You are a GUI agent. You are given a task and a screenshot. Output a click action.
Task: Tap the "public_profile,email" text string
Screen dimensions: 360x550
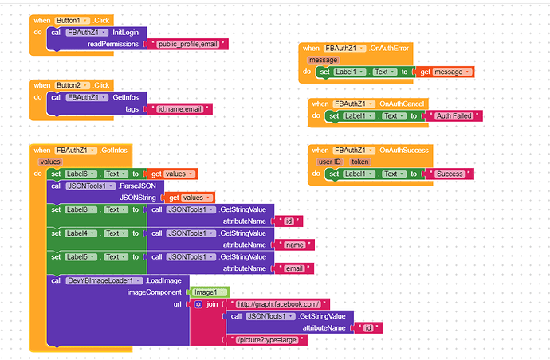(x=190, y=44)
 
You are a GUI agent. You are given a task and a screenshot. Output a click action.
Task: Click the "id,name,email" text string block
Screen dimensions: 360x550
(x=179, y=109)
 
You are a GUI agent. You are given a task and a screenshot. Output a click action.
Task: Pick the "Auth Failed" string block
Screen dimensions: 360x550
(x=454, y=115)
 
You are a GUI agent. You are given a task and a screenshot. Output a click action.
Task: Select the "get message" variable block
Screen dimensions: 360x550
(x=445, y=72)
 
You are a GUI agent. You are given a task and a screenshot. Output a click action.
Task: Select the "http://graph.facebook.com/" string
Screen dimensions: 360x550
(x=278, y=304)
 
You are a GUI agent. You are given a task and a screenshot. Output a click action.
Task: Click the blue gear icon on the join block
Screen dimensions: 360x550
(x=198, y=304)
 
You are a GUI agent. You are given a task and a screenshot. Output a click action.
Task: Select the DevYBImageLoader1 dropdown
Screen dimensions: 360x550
(x=104, y=280)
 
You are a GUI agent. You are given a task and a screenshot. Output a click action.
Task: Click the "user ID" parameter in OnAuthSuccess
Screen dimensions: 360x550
(x=329, y=162)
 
